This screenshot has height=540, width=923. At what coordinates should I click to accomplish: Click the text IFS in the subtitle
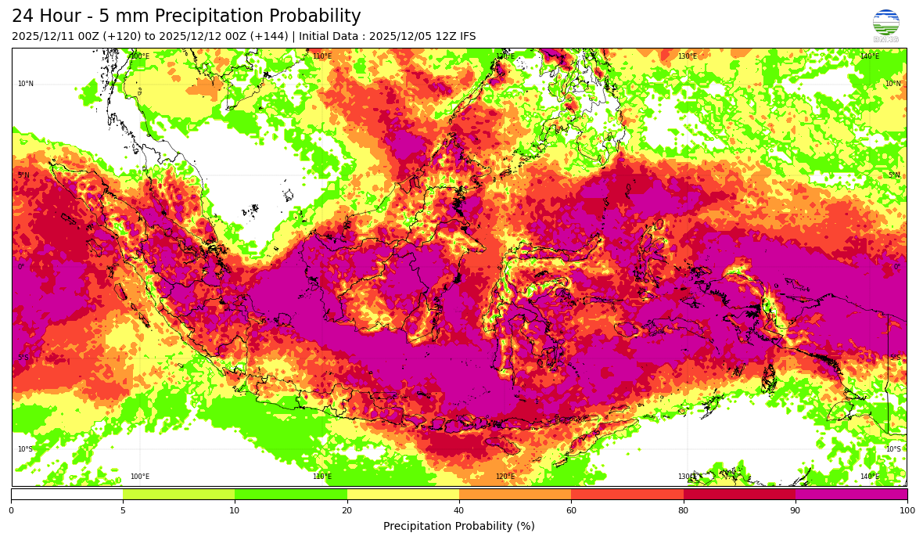465,37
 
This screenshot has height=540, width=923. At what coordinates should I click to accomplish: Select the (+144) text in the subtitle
268,37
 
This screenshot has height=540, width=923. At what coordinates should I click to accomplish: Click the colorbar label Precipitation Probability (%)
459,526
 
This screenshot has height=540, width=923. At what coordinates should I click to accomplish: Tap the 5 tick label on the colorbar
123,510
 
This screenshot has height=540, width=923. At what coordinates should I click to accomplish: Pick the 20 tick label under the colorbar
347,510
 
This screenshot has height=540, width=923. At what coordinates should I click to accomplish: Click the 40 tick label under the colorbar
459,510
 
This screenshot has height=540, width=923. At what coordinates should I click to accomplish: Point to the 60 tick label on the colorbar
571,510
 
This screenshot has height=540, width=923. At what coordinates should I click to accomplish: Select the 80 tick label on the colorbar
683,510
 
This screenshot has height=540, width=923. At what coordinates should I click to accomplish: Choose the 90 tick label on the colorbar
796,510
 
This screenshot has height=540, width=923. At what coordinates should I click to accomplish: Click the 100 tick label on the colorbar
907,510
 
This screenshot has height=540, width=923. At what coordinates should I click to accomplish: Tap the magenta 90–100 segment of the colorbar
851,494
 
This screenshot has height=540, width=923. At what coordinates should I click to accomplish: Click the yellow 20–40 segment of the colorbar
403,494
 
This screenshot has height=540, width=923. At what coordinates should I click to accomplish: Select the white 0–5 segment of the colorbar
66,494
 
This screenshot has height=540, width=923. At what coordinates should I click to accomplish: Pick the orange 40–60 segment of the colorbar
515,494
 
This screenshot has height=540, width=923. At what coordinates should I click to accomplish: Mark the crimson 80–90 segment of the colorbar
739,494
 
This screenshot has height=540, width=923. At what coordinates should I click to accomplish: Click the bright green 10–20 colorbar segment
290,494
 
